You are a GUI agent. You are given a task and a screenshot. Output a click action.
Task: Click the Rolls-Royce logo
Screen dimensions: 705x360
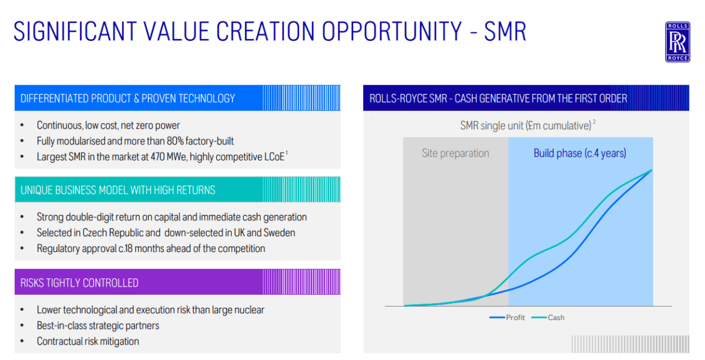(x=677, y=42)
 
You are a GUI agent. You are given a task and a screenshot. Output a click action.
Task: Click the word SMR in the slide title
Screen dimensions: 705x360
(x=505, y=32)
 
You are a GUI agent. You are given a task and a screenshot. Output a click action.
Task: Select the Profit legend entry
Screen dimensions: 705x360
(x=507, y=318)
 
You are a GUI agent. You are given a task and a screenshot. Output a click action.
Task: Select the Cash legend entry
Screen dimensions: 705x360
(x=548, y=318)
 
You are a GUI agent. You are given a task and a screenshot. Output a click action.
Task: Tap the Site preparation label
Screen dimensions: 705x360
(x=455, y=153)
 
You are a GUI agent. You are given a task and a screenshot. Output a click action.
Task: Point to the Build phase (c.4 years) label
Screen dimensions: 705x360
(x=580, y=153)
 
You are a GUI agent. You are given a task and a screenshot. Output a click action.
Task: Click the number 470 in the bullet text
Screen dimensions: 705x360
(x=157, y=157)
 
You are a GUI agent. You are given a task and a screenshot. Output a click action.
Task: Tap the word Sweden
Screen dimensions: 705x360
(x=279, y=233)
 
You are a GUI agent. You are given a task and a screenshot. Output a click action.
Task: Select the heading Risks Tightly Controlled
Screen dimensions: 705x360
(x=79, y=283)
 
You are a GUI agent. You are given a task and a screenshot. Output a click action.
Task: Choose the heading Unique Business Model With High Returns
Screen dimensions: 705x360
(x=117, y=190)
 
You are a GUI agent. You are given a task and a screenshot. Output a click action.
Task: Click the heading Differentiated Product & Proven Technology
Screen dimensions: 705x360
(x=128, y=99)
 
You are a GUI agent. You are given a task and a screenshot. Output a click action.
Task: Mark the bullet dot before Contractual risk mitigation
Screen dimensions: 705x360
(x=22, y=341)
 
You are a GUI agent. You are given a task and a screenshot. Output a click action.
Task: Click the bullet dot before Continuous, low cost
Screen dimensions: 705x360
(x=22, y=125)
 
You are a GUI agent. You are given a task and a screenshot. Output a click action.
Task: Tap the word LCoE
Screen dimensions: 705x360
(x=274, y=157)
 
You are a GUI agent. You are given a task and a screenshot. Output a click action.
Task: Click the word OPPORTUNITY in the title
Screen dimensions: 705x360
(x=392, y=32)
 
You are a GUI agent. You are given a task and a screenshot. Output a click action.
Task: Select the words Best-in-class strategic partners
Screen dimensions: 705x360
(x=98, y=326)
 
